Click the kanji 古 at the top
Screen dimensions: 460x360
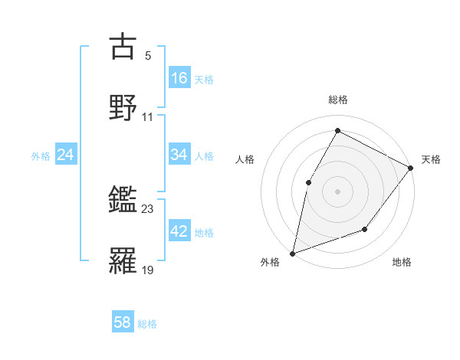pos(123,47)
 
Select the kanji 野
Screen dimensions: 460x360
pos(123,107)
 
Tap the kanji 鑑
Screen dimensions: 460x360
pos(123,200)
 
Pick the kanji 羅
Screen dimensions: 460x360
pos(123,260)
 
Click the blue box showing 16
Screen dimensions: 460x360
pos(179,77)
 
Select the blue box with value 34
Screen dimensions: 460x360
pos(179,155)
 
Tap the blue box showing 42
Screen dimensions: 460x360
pos(179,231)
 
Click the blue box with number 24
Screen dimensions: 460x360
pos(66,155)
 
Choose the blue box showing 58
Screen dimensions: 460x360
pos(123,322)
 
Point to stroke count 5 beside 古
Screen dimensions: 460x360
pos(148,55)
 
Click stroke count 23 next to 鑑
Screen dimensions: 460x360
pos(148,208)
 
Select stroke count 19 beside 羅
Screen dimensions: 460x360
pos(148,269)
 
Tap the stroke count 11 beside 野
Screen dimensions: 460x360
pos(148,116)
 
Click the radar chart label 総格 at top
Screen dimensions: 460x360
pos(338,100)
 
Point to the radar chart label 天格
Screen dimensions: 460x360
pos(431,159)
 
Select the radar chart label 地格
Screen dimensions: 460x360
pos(402,263)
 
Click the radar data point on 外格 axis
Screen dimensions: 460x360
pos(293,253)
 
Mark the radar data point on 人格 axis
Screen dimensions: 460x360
pos(308,182)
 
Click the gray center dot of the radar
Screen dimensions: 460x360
pos(337,191)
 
